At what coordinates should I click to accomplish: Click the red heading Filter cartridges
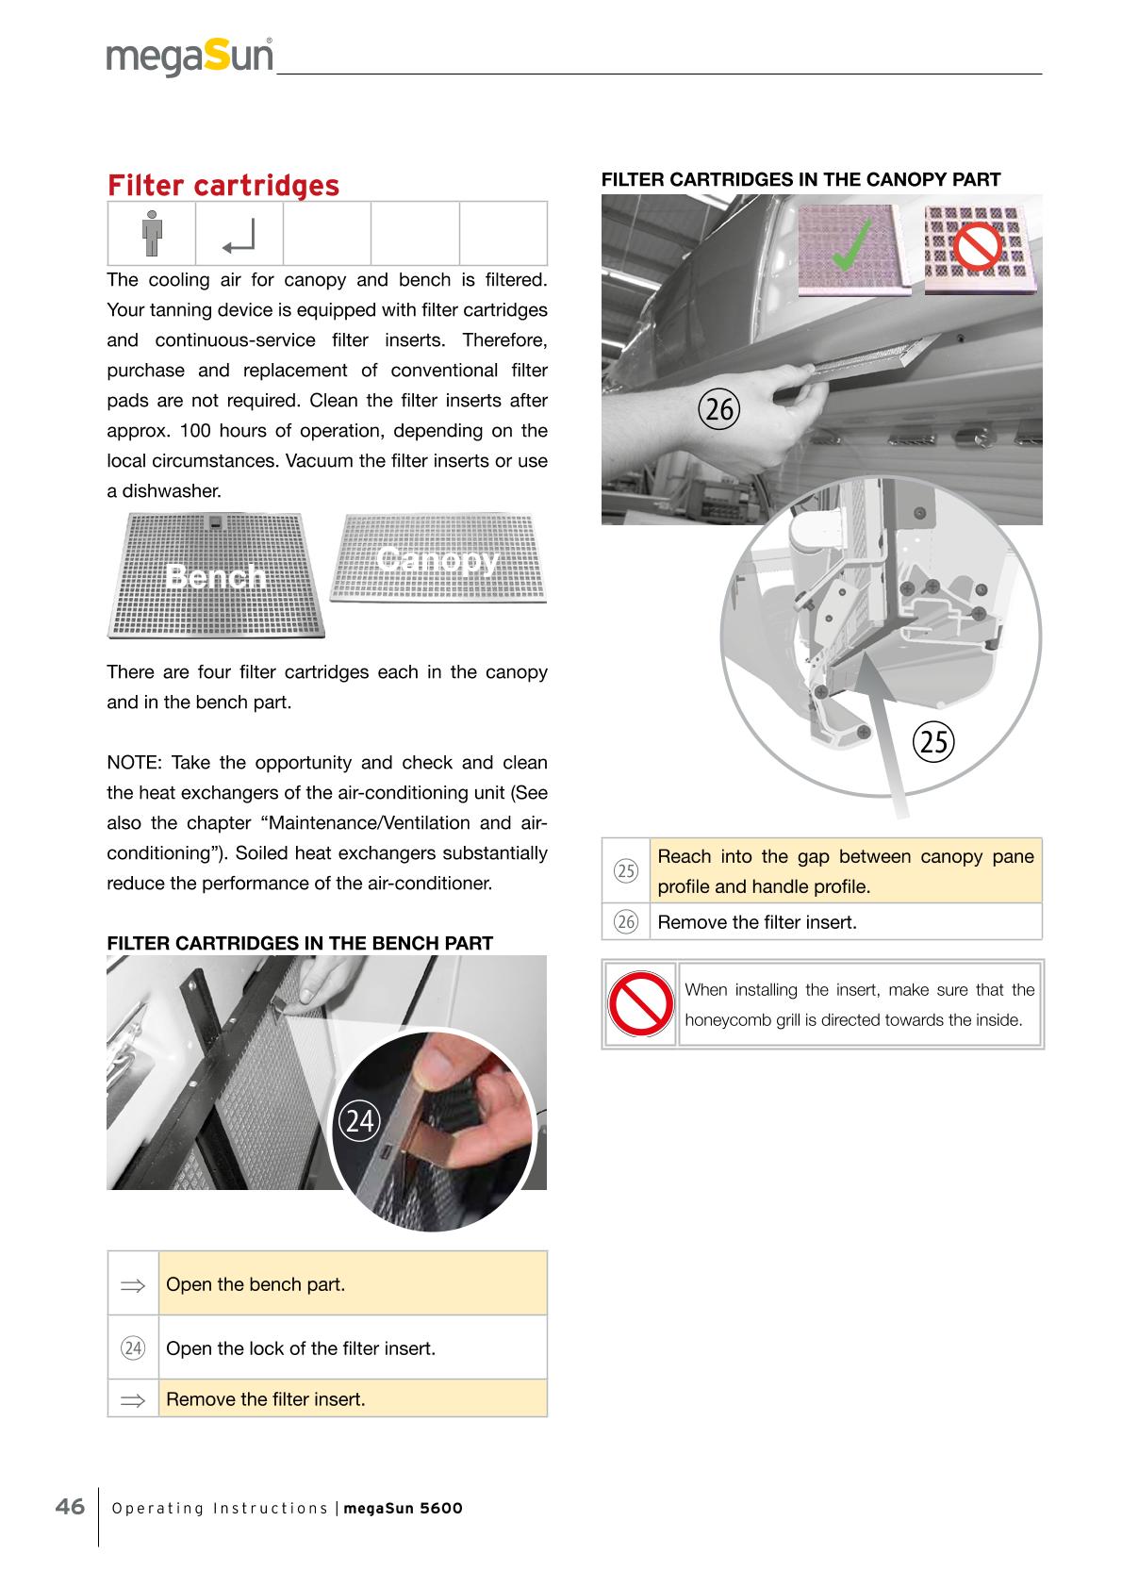pos(223,186)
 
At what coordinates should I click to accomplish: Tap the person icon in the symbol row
pos(151,234)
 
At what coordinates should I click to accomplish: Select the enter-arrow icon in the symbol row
pos(239,237)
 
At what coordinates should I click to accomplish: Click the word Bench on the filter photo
pos(216,576)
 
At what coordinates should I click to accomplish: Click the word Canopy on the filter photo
pos(437,559)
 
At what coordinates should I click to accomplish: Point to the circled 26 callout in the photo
pos(719,410)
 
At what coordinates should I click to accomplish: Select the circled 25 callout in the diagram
pos(934,742)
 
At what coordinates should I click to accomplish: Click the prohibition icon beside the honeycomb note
pos(638,1004)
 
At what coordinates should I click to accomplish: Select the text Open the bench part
pos(256,1284)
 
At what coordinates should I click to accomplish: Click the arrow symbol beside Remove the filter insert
pos(133,1400)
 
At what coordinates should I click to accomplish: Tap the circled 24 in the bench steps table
pos(133,1348)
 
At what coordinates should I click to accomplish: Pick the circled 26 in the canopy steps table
pos(626,922)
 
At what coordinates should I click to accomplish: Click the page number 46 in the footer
pos(70,1506)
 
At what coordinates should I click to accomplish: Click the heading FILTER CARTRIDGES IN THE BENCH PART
pos(300,943)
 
